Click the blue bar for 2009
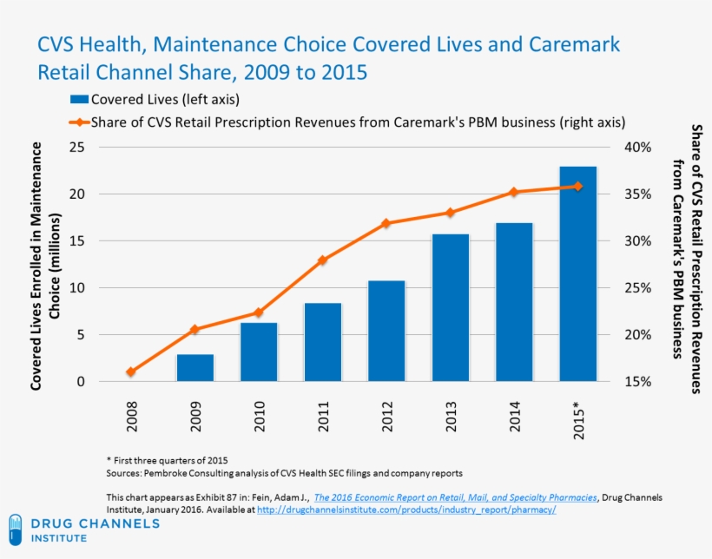tap(194, 367)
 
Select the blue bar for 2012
tap(386, 331)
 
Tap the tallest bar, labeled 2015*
tap(577, 273)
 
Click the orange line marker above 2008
tap(131, 372)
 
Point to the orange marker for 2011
tap(322, 260)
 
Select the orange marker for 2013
tap(450, 213)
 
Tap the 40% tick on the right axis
tap(636, 148)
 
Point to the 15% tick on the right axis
tap(636, 382)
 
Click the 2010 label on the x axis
tap(259, 415)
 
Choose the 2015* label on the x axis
tap(578, 418)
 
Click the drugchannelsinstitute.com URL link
tap(406, 510)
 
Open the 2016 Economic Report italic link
tap(455, 497)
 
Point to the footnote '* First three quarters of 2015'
tap(167, 459)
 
